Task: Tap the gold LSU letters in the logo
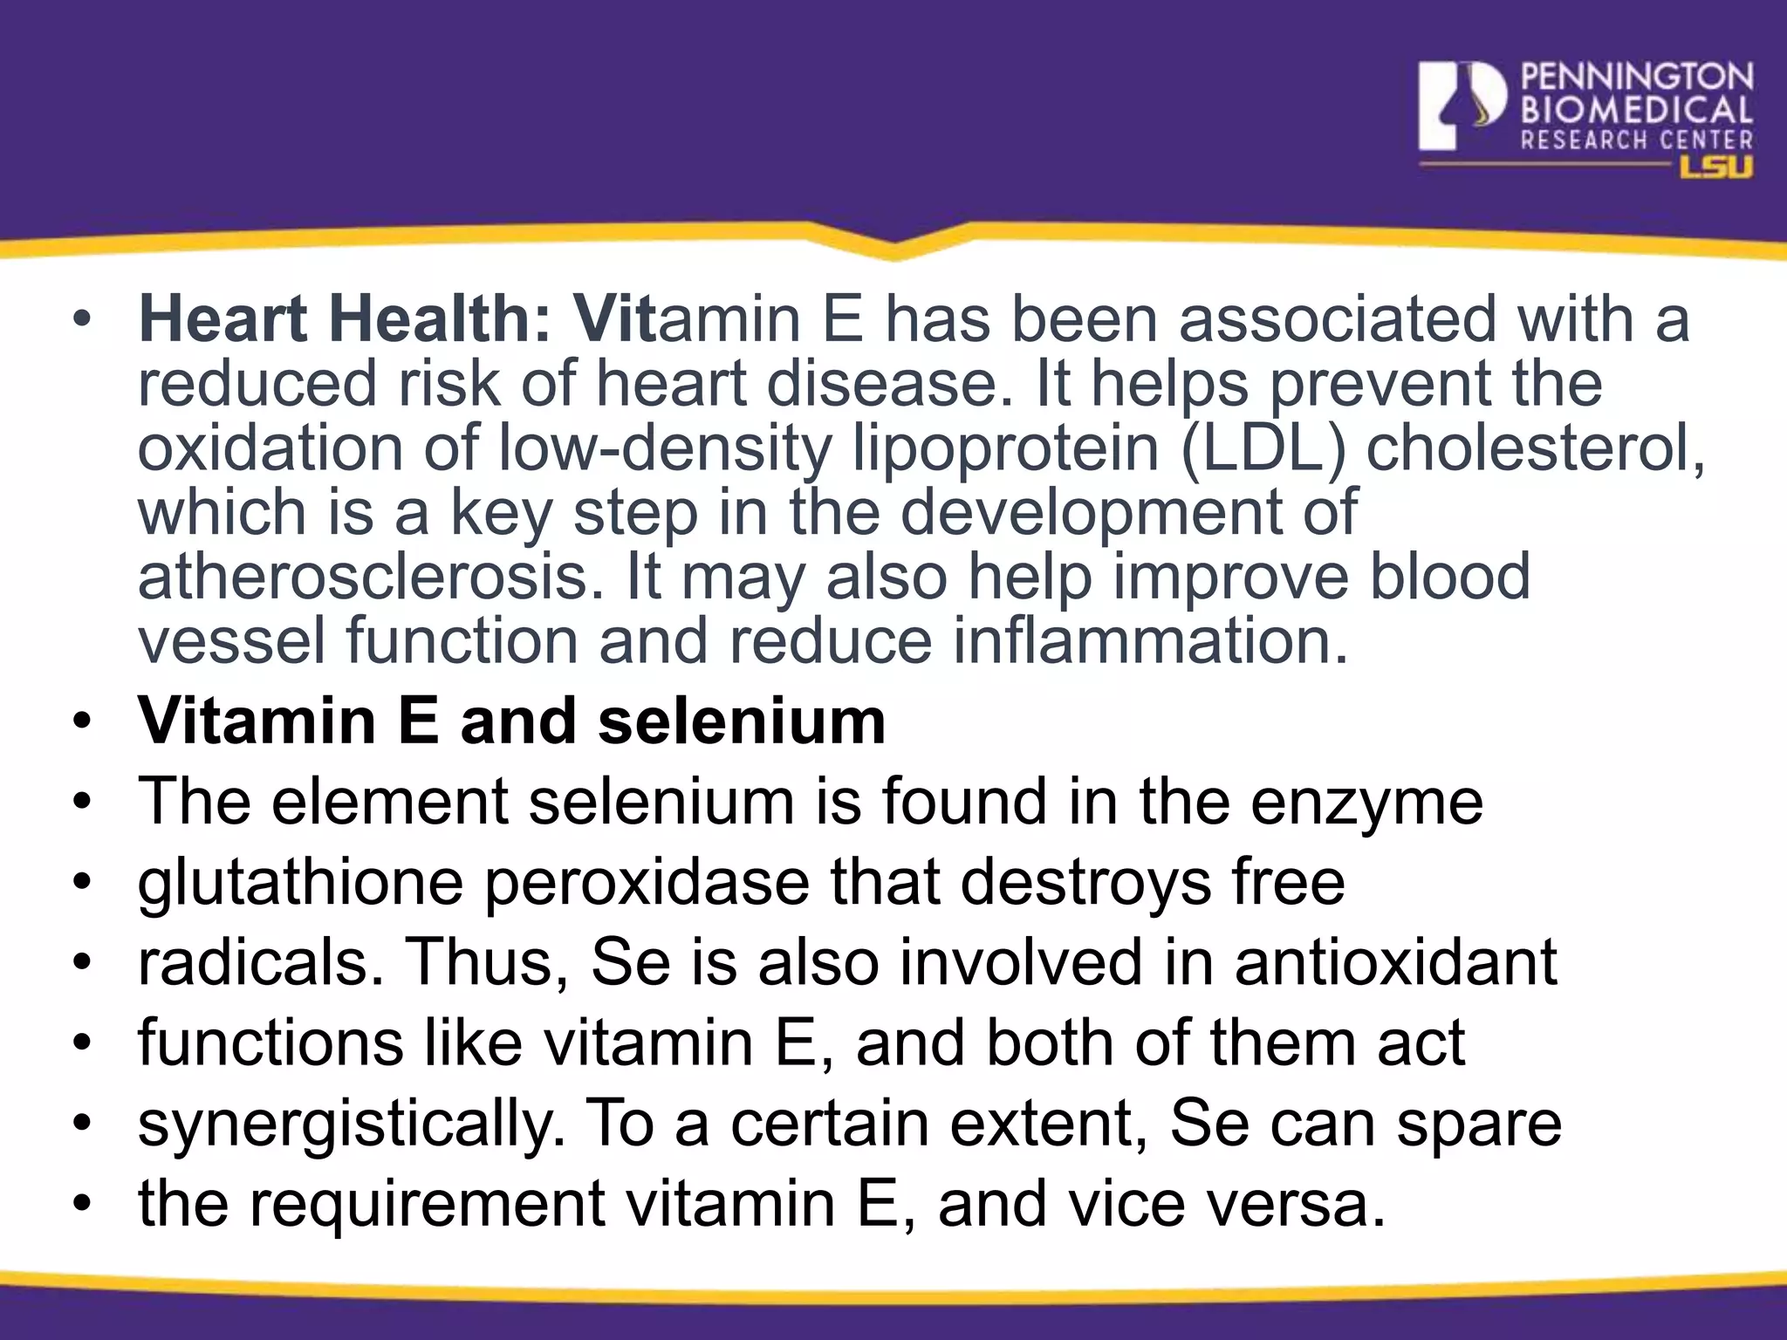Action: pyautogui.click(x=1716, y=167)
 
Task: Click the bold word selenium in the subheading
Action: pyautogui.click(x=742, y=722)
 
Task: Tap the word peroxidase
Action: pyautogui.click(x=647, y=883)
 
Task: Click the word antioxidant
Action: pyautogui.click(x=1395, y=962)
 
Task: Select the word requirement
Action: pyautogui.click(x=427, y=1205)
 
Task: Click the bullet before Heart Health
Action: pyautogui.click(x=82, y=319)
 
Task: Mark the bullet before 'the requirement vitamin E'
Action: pyautogui.click(x=82, y=1205)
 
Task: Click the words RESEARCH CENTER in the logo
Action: pyautogui.click(x=1637, y=140)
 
